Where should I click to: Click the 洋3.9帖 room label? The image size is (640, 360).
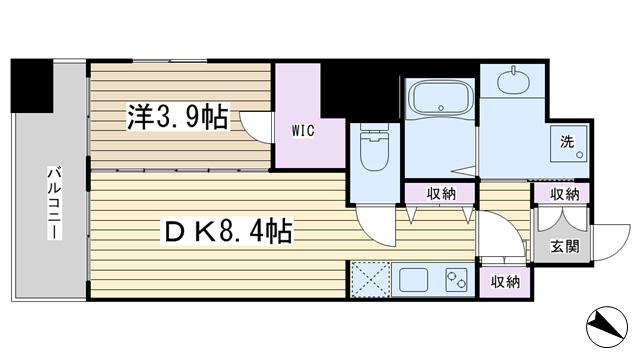click(x=178, y=117)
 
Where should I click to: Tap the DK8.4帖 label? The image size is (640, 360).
click(x=228, y=231)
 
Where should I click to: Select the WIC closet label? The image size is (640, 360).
click(x=303, y=130)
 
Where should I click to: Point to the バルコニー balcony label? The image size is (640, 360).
click(x=55, y=203)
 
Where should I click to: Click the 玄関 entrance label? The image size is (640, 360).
click(x=564, y=246)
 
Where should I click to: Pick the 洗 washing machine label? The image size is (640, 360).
click(x=567, y=142)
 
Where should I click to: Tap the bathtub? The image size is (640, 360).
click(x=440, y=98)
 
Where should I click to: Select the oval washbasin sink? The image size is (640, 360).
click(x=513, y=81)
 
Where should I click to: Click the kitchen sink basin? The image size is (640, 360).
click(x=413, y=280)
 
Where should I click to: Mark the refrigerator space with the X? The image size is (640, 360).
click(x=371, y=280)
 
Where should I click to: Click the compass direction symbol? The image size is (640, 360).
click(x=607, y=327)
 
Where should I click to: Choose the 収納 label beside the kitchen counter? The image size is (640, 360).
click(x=505, y=282)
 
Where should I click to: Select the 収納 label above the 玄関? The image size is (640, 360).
click(x=564, y=194)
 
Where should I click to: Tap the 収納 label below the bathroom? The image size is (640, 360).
click(x=441, y=193)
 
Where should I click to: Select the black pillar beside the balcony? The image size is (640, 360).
click(x=32, y=86)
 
